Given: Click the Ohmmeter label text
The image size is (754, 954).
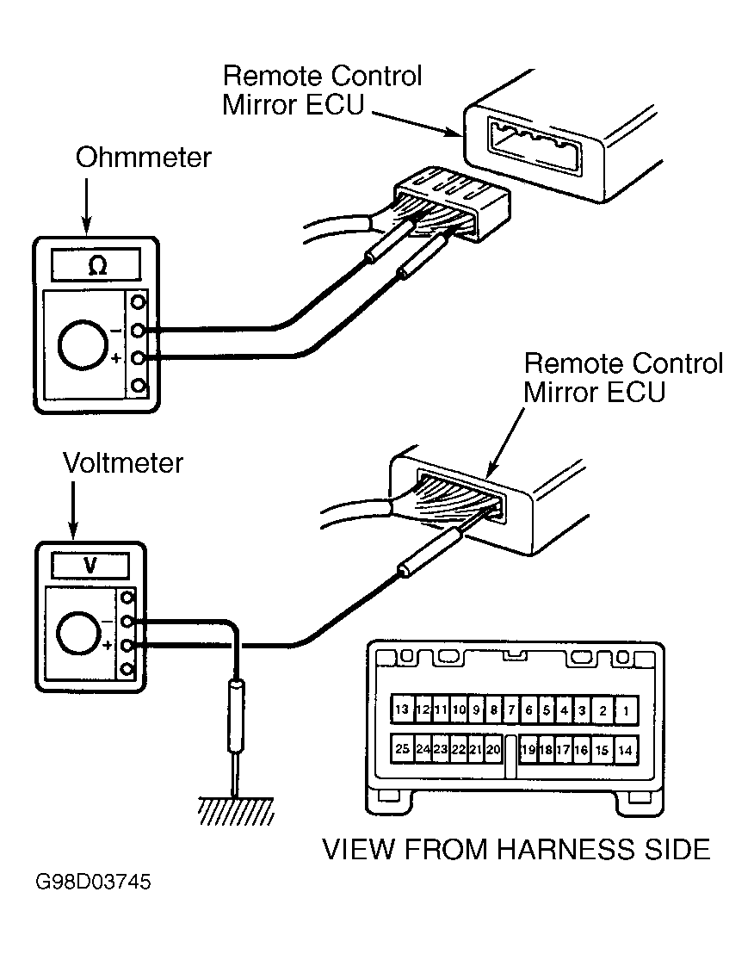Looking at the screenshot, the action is pos(144,158).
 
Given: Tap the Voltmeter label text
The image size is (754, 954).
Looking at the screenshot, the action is pos(123,463).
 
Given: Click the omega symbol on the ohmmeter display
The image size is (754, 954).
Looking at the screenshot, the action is pos(97,266).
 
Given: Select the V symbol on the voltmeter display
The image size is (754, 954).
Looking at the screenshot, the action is pos(90,566).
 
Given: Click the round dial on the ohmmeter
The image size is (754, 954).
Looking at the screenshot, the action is pos(83,344).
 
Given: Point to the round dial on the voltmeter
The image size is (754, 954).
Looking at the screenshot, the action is pos(77,633).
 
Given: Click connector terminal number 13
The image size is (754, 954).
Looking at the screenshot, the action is pos(402,709).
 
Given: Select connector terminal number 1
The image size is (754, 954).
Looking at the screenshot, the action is pos(626,710).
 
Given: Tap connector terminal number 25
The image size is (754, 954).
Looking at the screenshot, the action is pos(402,748).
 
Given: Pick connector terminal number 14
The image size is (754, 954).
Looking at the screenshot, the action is pos(625,750).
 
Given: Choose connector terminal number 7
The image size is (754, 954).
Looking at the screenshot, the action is pos(510,709).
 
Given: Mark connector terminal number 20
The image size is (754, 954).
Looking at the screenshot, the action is pos(493,749).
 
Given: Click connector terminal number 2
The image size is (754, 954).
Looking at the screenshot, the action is pos(603,710).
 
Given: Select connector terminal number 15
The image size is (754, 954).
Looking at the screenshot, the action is pos(602,750).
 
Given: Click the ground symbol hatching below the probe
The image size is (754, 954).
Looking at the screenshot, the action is pos(236,810).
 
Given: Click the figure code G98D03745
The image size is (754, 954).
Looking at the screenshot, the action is pos(93,883).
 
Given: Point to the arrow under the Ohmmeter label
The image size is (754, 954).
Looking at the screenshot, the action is pos(86,207).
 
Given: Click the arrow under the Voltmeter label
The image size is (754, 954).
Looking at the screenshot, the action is pos(73,511).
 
